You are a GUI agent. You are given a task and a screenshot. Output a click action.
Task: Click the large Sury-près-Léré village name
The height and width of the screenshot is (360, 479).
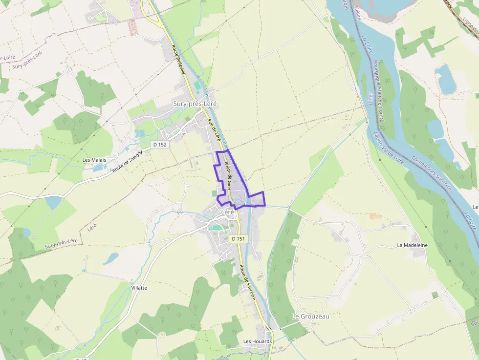[195, 104]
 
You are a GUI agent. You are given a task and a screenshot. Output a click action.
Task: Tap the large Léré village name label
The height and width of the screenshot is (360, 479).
[228, 212]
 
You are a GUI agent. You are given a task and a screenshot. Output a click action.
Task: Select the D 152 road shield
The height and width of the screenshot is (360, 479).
[160, 145]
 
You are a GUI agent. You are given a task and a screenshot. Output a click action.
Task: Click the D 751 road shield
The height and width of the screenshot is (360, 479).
[239, 238]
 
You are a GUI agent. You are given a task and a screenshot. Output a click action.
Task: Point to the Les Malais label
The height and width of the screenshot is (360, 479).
[94, 160]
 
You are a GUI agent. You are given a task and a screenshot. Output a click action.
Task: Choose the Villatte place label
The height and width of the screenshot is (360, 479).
[139, 288]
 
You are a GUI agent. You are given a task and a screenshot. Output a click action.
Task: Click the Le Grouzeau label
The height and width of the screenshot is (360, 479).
[310, 316]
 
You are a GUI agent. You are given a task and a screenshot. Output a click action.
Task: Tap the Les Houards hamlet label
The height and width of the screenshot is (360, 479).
[258, 341]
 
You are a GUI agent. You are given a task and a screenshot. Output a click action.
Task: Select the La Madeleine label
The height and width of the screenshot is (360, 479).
[412, 245]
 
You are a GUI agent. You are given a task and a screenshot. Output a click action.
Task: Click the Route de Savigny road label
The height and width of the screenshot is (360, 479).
[128, 161]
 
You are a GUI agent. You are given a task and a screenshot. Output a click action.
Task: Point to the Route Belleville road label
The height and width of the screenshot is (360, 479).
[178, 60]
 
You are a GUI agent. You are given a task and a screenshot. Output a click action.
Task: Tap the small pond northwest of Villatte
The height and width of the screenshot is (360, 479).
[112, 257]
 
